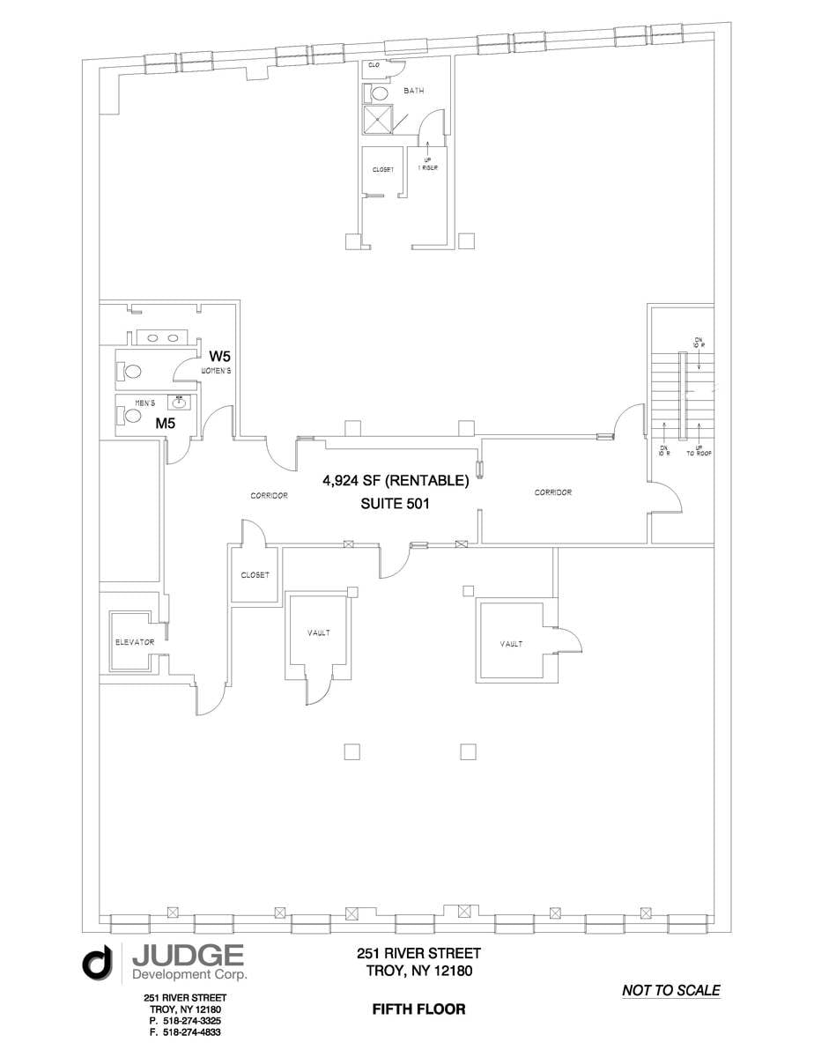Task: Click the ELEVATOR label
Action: pos(134,642)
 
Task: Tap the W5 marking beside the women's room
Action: pos(219,357)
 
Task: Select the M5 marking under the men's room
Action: pos(165,423)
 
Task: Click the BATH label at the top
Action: pos(414,91)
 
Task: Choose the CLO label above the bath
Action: pos(374,65)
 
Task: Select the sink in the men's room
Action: pos(180,403)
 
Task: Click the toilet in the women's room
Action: pos(132,371)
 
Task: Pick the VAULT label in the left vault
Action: pos(319,632)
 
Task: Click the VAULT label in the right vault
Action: pos(512,644)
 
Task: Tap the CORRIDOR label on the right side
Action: pos(553,492)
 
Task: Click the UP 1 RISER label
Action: pos(427,163)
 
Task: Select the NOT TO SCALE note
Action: pos(670,990)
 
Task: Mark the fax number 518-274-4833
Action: pos(185,1031)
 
